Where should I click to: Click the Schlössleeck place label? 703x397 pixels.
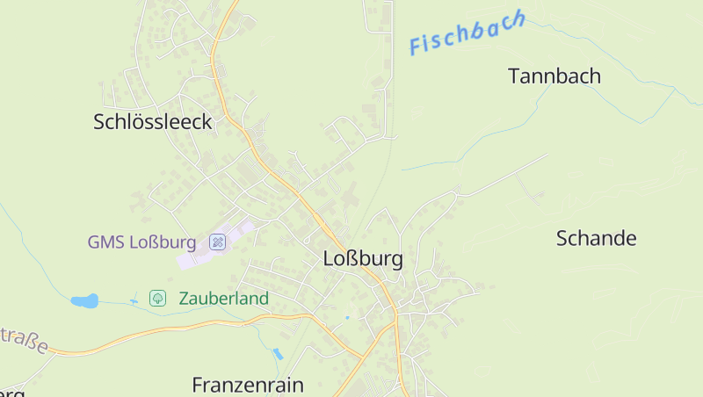coord(153,122)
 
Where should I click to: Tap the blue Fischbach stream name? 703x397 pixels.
coord(467,33)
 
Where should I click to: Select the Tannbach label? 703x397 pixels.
coord(554,76)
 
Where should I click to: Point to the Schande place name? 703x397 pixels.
coord(597,238)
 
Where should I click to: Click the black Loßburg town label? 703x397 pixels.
coord(363,259)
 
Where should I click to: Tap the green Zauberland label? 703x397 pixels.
coord(223,299)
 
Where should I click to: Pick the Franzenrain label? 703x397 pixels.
coord(248,385)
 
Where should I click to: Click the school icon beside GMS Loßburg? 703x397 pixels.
coord(218,242)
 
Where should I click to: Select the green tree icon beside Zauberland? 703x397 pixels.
coord(158,299)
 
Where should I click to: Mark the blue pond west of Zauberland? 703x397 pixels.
coord(84,301)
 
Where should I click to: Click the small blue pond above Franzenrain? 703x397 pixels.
coord(278,354)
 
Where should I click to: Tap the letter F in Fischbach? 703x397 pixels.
coord(417,46)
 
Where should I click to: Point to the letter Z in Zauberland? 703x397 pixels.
coord(184,299)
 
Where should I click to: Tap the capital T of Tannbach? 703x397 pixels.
coord(515,76)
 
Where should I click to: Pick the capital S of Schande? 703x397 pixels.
coord(563,238)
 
